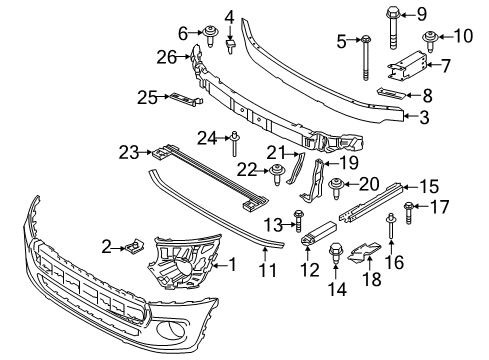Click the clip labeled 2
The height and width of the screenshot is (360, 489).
[x=133, y=244]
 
